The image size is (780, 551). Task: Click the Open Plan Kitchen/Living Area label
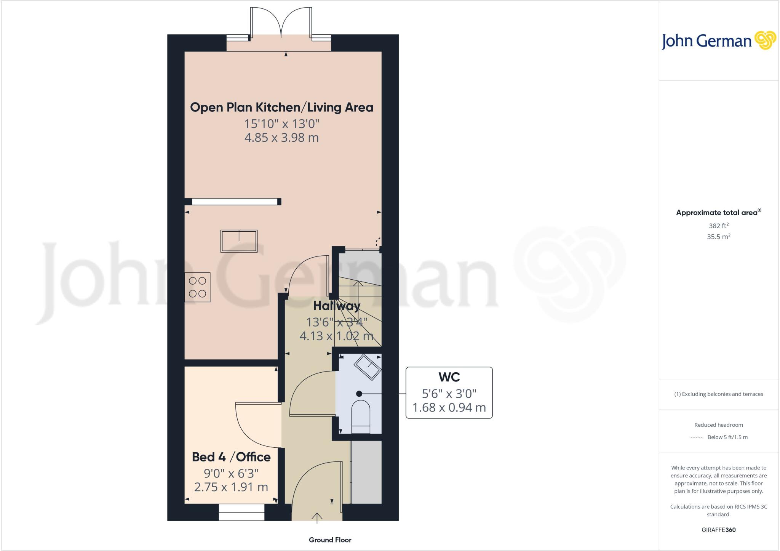[x=281, y=107]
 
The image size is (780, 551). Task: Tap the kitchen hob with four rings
[x=197, y=287]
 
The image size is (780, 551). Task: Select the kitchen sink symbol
[x=239, y=241]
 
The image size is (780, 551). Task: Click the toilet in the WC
[x=360, y=416]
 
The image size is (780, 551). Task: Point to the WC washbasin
[x=368, y=367]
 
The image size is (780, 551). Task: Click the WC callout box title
[x=449, y=377]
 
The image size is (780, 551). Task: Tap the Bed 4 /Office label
[x=231, y=457]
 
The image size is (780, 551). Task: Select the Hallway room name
[x=337, y=306]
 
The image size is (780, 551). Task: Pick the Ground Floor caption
[x=330, y=540]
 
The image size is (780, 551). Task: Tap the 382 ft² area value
[x=718, y=226]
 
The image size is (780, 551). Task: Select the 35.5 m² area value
[x=718, y=237]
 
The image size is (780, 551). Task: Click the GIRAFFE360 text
[x=718, y=530]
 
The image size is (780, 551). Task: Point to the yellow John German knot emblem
[x=765, y=40]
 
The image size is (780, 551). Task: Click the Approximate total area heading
[x=718, y=213]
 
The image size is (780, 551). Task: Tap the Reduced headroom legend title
[x=718, y=425]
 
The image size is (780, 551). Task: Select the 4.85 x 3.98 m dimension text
[x=281, y=138]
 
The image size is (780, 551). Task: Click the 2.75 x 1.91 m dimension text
[x=231, y=487]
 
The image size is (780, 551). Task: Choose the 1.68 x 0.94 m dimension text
[x=449, y=408]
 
